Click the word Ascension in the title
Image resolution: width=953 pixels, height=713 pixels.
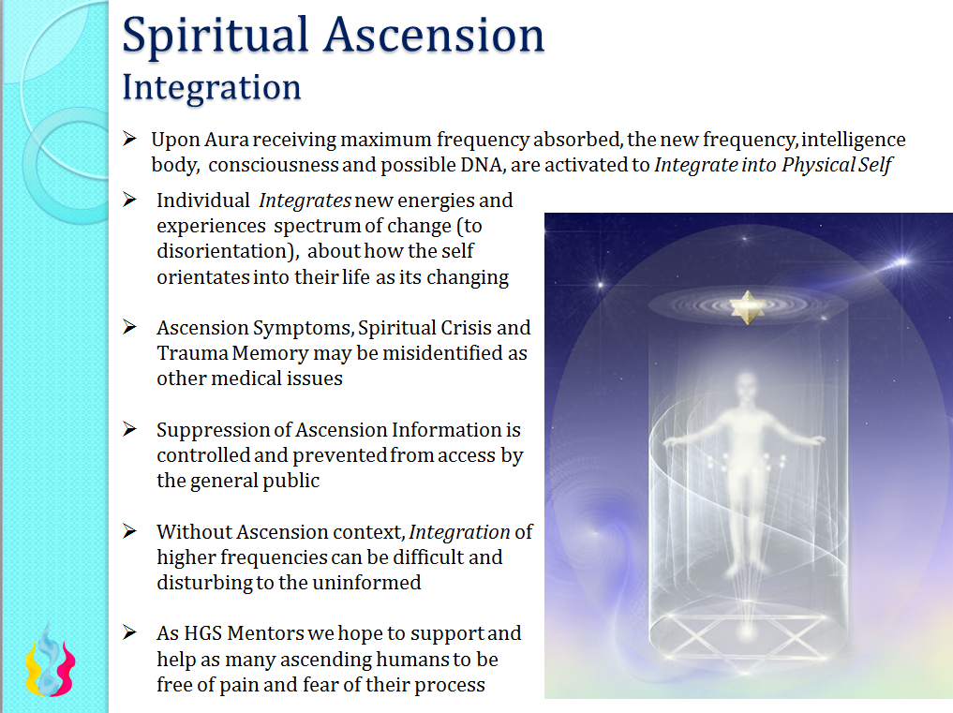pos(434,36)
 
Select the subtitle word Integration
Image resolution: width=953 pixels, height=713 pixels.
pos(212,88)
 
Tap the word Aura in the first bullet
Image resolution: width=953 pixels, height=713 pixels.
pos(226,140)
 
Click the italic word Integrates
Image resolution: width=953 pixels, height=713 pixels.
pos(305,201)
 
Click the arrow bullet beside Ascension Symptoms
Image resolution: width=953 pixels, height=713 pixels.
pos(129,327)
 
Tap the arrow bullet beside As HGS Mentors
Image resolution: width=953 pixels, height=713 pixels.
pos(129,632)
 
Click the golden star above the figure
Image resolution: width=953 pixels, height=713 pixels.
pos(747,307)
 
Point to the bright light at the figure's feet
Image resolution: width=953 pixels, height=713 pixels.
pos(746,632)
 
